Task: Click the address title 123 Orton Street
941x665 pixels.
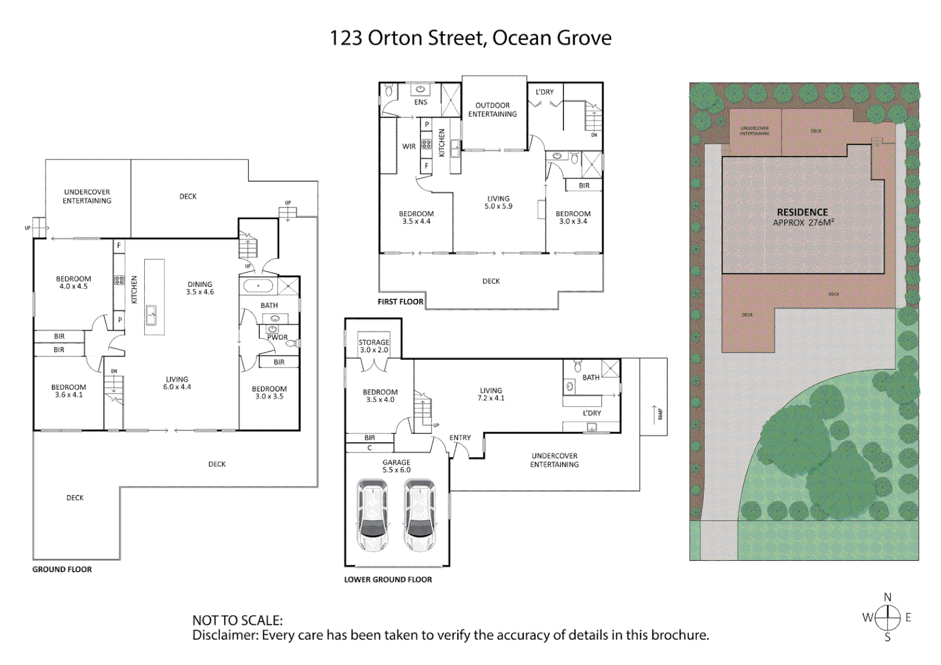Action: point(470,38)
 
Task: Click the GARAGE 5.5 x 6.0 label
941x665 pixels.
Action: point(396,466)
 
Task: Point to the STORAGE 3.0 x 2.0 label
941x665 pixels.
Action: point(374,346)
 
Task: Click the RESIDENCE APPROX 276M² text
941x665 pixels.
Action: point(802,217)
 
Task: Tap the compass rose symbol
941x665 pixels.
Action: point(887,616)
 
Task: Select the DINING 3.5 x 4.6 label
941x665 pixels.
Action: point(200,288)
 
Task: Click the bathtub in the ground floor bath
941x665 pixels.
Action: point(258,286)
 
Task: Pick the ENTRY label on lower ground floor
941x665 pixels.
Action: point(460,438)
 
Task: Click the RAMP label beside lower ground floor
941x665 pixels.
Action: point(660,414)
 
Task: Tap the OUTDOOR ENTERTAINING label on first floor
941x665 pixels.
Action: point(493,110)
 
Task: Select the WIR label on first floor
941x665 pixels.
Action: point(409,147)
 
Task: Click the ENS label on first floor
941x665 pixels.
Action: point(421,102)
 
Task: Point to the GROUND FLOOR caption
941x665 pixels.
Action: point(62,570)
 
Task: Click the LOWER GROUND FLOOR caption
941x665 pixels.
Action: point(388,579)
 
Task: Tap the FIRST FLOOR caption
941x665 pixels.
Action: point(400,302)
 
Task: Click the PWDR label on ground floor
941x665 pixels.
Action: point(277,337)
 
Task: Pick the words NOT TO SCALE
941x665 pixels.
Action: point(238,621)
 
